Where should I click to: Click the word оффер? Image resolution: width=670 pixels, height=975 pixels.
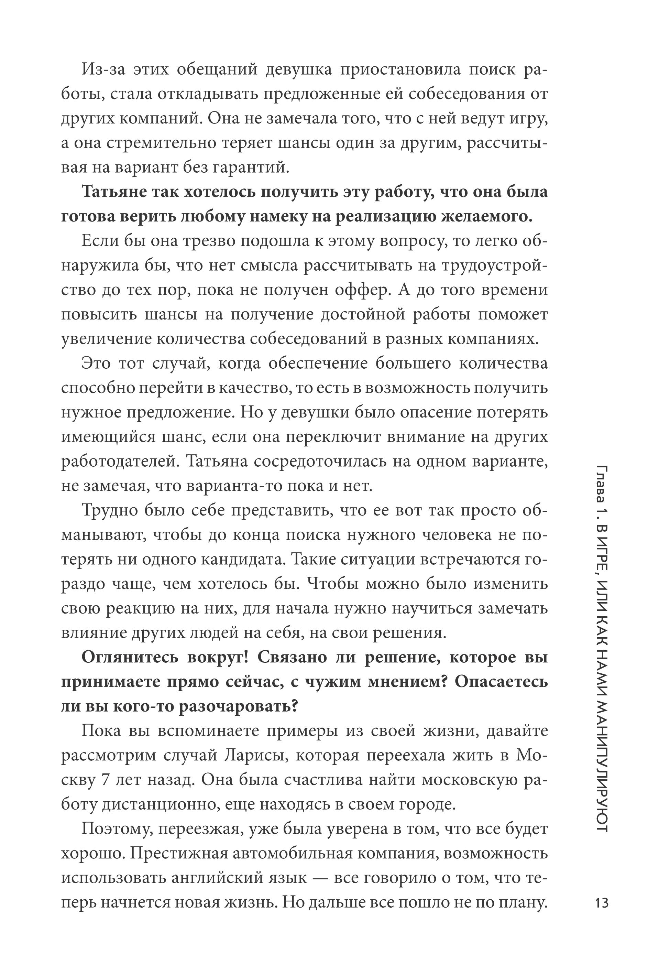[x=366, y=290]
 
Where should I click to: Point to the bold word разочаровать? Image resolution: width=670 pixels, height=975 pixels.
[x=237, y=707]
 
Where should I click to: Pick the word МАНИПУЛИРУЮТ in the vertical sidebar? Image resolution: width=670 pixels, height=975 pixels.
[x=602, y=763]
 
